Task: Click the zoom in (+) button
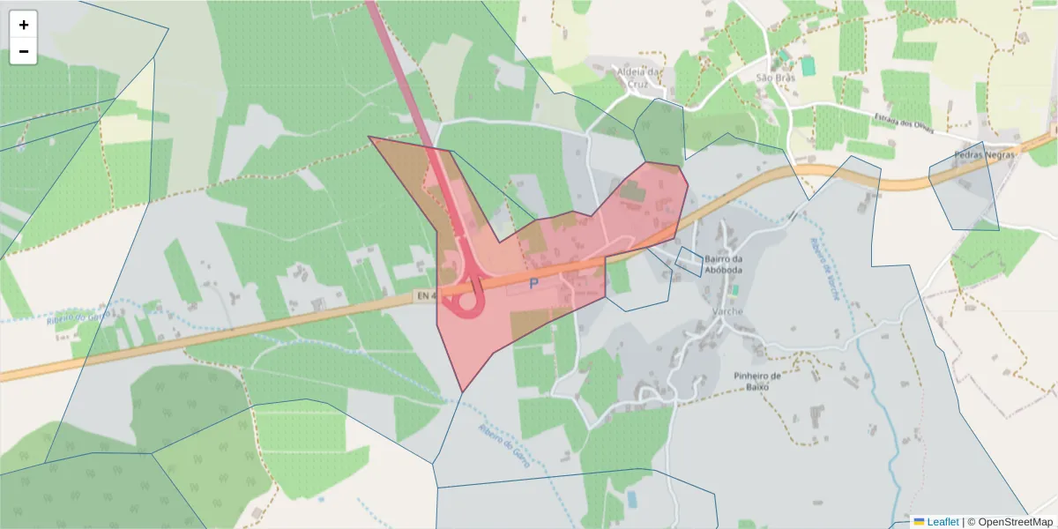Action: (x=23, y=25)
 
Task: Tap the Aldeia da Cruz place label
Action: (x=641, y=78)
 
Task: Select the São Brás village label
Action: (x=776, y=78)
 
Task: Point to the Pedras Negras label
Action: (x=985, y=153)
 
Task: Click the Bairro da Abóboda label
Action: (x=726, y=264)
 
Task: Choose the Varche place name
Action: (x=727, y=311)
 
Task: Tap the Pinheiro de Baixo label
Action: (x=757, y=381)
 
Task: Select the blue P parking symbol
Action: (x=533, y=284)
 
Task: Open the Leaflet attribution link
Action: (x=942, y=522)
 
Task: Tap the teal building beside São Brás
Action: (x=808, y=65)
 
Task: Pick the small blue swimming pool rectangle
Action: (x=631, y=499)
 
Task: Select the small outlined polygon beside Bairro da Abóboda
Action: (x=689, y=262)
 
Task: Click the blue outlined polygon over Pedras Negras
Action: (x=965, y=190)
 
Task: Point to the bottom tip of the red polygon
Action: (x=461, y=391)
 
